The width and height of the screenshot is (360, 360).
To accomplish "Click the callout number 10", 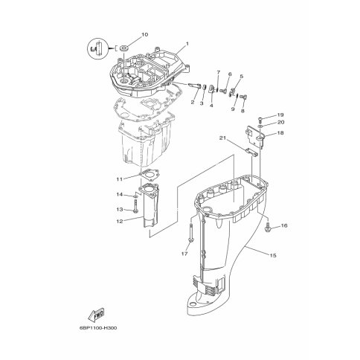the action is point(144,34).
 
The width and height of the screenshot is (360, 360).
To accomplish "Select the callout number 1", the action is point(187,44).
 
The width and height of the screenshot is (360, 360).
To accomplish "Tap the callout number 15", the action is point(273,255).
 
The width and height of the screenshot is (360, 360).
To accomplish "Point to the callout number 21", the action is point(223,138).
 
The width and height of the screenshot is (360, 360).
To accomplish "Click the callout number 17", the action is point(184,254).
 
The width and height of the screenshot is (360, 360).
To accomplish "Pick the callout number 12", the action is point(120,221).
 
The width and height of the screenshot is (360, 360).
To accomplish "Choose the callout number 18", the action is point(280,133).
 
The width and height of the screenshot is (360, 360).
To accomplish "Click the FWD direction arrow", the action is point(96,315).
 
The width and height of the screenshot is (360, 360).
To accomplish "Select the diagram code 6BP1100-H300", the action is point(98,328).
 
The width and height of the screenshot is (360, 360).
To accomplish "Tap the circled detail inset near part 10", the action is point(97,49).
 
